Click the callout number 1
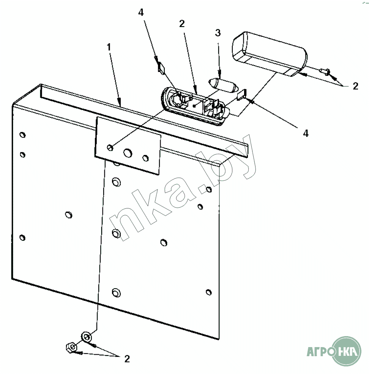[109, 47]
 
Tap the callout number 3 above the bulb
[218, 33]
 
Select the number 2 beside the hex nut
[127, 359]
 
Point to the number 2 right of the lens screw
[356, 86]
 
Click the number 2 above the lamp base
[182, 23]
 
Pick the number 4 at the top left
[141, 13]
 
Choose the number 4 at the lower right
[306, 133]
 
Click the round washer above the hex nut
[86, 337]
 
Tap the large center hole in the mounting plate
[128, 153]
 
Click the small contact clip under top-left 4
[161, 69]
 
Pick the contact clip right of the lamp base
[242, 94]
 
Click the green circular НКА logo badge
[346, 351]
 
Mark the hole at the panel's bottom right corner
[209, 292]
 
